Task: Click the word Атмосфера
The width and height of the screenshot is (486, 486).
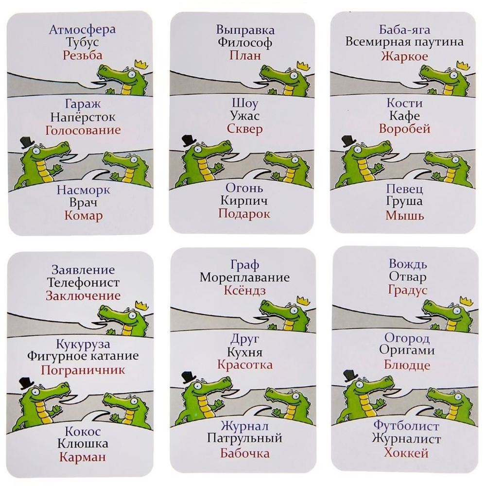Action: (83, 30)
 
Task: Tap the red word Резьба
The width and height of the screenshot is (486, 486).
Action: (83, 55)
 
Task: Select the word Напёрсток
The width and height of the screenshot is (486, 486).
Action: (83, 117)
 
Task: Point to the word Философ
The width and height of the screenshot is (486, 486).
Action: (245, 42)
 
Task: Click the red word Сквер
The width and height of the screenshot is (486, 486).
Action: (245, 129)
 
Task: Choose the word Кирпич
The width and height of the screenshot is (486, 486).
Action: (244, 201)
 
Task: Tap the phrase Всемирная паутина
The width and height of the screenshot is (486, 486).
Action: (404, 42)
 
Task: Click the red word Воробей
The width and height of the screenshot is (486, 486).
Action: (404, 129)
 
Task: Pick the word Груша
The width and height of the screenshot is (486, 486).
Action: (404, 202)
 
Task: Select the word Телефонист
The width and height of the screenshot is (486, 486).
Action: (83, 283)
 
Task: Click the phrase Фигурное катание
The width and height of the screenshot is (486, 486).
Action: (83, 356)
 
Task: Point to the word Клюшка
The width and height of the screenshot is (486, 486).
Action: (83, 444)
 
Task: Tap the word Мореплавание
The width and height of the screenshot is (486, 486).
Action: (245, 278)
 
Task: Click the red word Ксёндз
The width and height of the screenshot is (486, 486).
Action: (245, 291)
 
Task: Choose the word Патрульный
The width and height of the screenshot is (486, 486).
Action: (245, 439)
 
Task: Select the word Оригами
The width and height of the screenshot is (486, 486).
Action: (407, 350)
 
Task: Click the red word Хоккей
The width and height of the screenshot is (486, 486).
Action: (406, 453)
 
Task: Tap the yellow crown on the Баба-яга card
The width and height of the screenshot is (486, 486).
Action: (463, 66)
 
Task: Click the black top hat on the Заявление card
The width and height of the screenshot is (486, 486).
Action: (26, 383)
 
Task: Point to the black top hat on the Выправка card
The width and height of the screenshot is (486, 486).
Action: (189, 140)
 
